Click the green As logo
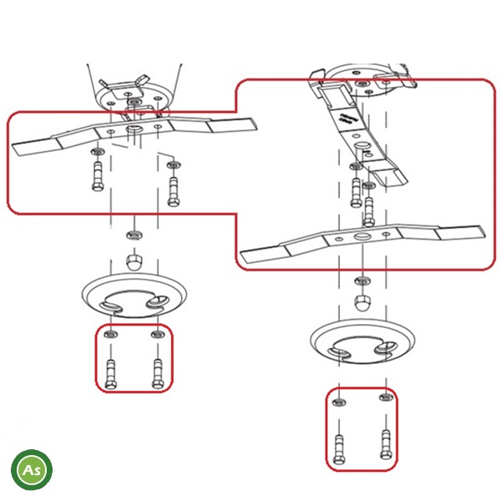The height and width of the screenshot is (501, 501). coord(32,469)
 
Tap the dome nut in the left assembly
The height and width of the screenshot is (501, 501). coord(134,262)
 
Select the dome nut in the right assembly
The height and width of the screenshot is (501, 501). coord(362,302)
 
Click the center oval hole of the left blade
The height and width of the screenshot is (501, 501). coord(134,129)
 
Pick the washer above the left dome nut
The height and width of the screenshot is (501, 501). coord(134,235)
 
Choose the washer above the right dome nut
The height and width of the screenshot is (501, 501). coord(362,281)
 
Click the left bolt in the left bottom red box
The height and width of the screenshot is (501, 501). coord(111,374)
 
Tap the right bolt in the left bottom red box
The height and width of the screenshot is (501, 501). coord(158,373)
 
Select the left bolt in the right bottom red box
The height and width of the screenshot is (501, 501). coord(339,449)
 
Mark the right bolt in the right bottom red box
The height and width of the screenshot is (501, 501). coord(387,444)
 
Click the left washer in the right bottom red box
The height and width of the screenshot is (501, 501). coord(339,402)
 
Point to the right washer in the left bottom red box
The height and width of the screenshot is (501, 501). coord(158,335)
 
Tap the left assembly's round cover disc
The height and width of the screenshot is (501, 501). coord(134,296)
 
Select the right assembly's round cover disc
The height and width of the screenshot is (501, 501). coord(362,342)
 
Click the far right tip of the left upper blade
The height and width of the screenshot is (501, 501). coord(257,123)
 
